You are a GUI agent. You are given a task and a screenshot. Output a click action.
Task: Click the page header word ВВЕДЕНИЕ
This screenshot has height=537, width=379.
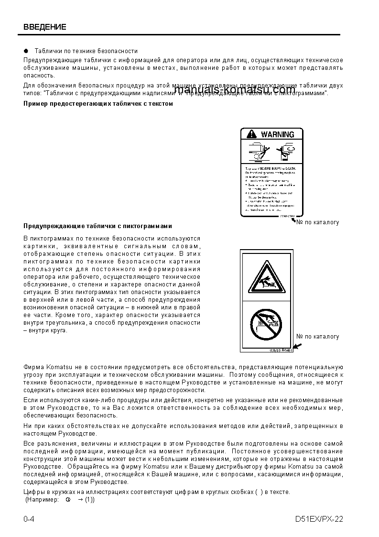pyautogui.click(x=44, y=27)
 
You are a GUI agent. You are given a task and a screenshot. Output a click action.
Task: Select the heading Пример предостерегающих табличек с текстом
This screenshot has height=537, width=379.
pyautogui.click(x=98, y=103)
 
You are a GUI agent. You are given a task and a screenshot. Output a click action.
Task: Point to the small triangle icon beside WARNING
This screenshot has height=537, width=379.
pyautogui.click(x=251, y=134)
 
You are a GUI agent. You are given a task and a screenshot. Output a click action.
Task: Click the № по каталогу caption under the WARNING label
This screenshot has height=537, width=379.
pyautogui.click(x=317, y=222)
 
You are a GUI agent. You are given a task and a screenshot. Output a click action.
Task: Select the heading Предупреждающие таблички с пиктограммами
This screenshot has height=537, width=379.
pyautogui.click(x=97, y=226)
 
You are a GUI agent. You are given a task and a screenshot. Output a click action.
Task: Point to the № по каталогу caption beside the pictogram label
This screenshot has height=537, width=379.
pyautogui.click(x=317, y=336)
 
